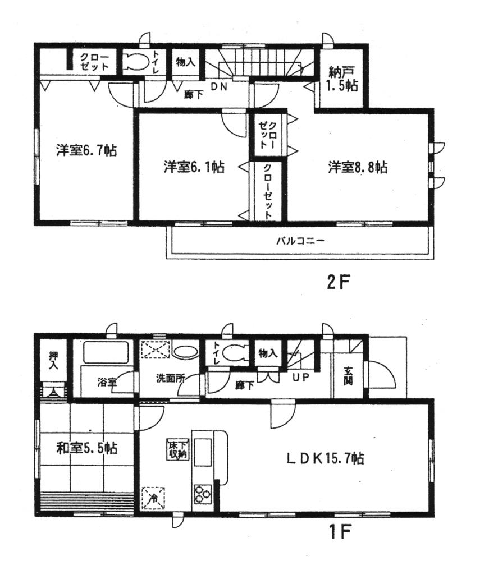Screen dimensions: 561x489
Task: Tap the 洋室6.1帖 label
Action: pos(195,167)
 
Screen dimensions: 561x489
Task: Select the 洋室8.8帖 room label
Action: pos(358,167)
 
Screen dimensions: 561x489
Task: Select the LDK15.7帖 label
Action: pos(326,459)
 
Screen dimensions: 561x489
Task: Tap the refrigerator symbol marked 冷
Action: pos(153,496)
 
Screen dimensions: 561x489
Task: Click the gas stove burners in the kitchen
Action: pos(202,494)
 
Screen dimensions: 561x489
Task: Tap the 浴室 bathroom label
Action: pos(107,382)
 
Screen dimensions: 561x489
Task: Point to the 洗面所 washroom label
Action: pos(170,379)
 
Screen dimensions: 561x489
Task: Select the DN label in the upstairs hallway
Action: pos(218,86)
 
